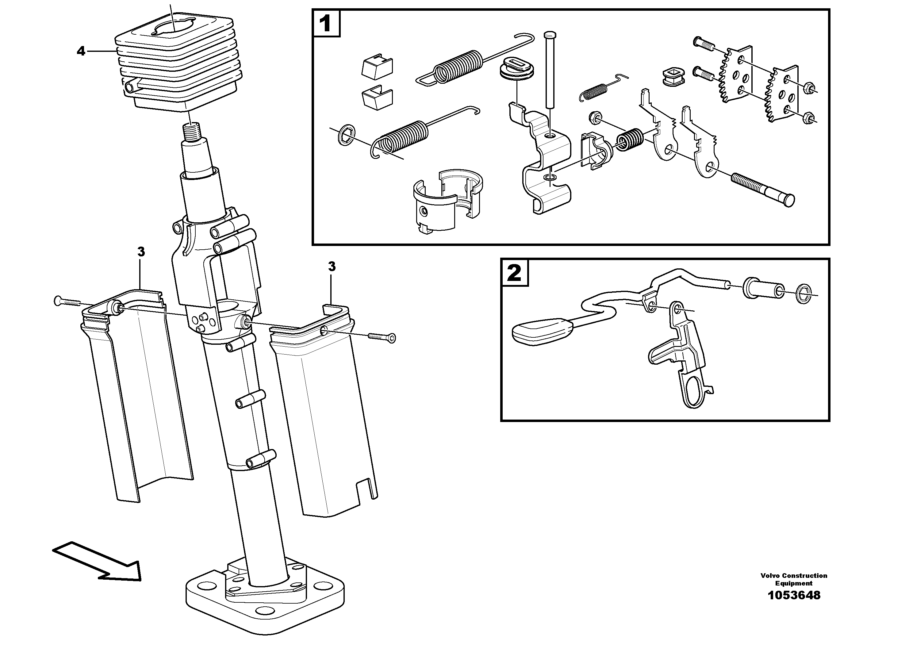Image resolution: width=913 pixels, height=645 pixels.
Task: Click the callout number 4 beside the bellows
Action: coord(81,51)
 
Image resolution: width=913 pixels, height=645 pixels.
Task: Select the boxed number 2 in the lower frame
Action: coord(514,273)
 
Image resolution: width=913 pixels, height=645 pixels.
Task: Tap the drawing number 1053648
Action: coord(794,607)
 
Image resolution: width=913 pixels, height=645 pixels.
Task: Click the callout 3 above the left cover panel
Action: coord(141,252)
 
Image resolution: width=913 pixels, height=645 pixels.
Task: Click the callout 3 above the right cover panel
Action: coord(332,267)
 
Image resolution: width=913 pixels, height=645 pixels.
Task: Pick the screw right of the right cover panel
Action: coord(382,337)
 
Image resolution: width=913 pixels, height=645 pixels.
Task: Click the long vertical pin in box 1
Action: coord(550,70)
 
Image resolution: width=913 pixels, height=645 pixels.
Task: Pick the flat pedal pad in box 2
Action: coord(542,331)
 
